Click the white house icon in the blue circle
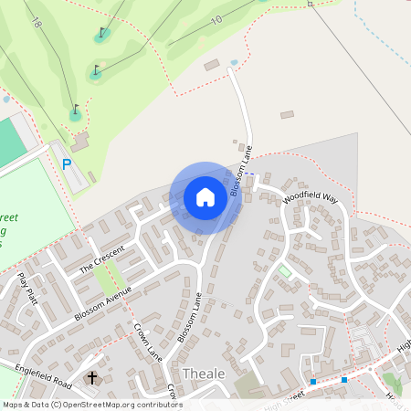(205, 197)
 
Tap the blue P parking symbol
(66, 164)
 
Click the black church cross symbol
(91, 377)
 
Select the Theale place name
(203, 374)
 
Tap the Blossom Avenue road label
(104, 304)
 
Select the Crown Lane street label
(147, 342)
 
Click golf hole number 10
(216, 20)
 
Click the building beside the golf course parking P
(80, 143)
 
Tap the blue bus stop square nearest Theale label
(313, 381)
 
